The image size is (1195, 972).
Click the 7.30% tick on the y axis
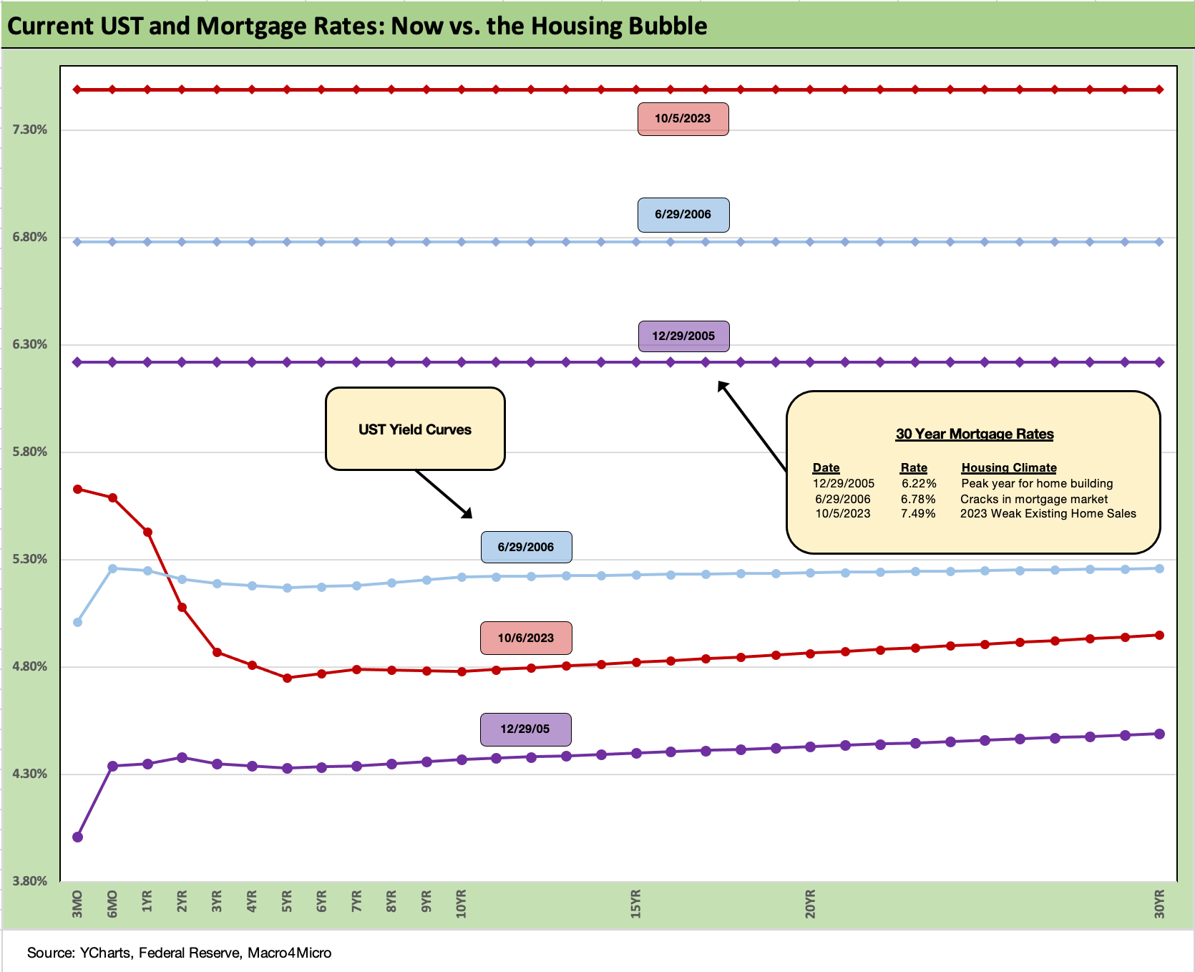(x=30, y=130)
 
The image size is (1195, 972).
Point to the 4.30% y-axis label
(x=30, y=774)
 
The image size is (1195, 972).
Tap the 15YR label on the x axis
(x=635, y=904)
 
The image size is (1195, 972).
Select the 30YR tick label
(x=1159, y=904)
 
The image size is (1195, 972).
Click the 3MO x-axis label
(x=77, y=904)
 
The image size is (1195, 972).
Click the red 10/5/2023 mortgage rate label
(x=683, y=119)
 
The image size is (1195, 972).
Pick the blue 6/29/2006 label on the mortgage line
(x=683, y=215)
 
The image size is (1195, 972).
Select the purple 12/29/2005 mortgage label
(x=683, y=336)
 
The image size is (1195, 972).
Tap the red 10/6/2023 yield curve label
(x=526, y=638)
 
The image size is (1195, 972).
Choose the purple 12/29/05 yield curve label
(x=525, y=729)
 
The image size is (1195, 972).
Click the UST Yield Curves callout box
(x=415, y=429)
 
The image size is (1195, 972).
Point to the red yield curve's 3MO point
(x=78, y=489)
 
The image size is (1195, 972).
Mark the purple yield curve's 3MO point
(x=78, y=837)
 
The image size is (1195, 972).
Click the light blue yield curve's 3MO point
(x=78, y=622)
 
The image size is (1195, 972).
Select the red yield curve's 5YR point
(x=287, y=678)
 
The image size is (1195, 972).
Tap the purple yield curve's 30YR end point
(x=1160, y=734)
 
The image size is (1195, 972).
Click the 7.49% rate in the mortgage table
(x=918, y=514)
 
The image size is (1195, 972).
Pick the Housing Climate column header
(x=1009, y=467)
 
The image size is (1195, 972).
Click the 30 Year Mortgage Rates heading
(x=975, y=434)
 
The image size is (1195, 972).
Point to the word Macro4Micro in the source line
(x=289, y=953)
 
